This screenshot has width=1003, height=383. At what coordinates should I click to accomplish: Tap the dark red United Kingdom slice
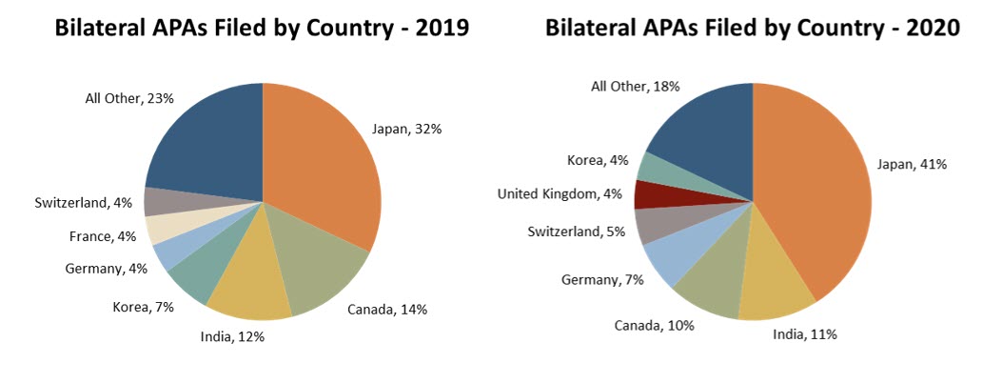click(651, 194)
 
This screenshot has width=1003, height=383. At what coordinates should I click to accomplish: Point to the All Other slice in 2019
click(205, 143)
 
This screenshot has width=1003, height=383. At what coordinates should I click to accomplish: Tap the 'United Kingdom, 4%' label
click(560, 194)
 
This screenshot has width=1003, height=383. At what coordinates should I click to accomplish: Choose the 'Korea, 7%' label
click(142, 307)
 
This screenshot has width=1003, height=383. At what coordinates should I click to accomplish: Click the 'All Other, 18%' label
click(635, 87)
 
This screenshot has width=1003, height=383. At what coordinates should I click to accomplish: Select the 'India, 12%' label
click(232, 335)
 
